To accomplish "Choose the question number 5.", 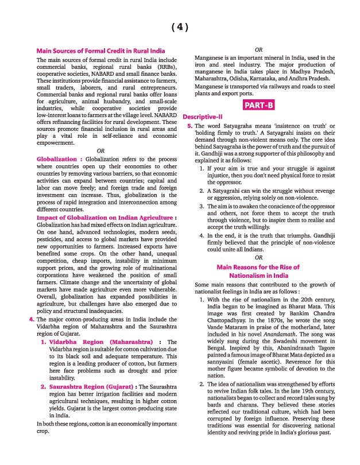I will tap(189, 125).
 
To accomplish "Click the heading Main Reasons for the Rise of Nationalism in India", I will tap(258, 272).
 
